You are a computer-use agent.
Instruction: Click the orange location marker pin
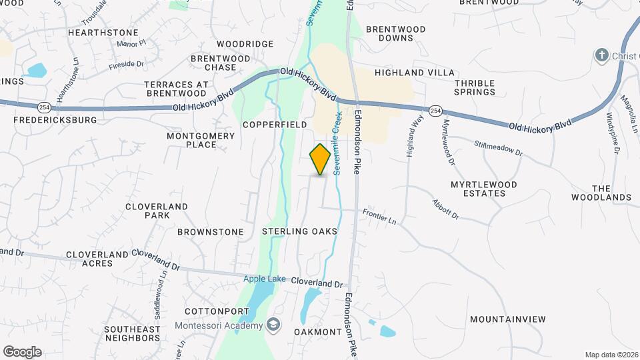pyautogui.click(x=321, y=159)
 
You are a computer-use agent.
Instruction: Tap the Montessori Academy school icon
pyautogui.click(x=273, y=325)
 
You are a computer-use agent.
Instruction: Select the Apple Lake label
pyautogui.click(x=264, y=279)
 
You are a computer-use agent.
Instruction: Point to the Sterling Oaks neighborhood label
pyautogui.click(x=299, y=231)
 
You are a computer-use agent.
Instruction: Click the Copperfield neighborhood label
pyautogui.click(x=275, y=125)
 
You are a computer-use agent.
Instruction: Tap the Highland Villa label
pyautogui.click(x=415, y=72)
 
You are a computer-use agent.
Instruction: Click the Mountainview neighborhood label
pyautogui.click(x=508, y=319)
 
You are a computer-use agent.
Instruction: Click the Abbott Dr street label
pyautogui.click(x=445, y=209)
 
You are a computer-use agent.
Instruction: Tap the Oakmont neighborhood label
pyautogui.click(x=318, y=332)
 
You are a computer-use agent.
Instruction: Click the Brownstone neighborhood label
pyautogui.click(x=211, y=232)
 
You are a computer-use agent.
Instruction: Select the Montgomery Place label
pyautogui.click(x=201, y=140)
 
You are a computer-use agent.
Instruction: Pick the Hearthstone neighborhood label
pyautogui.click(x=103, y=32)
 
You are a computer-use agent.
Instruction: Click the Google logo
pyautogui.click(x=22, y=351)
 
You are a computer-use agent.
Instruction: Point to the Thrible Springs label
pyautogui.click(x=475, y=87)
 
